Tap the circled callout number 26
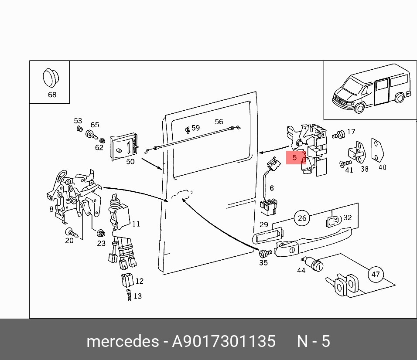[x=302, y=218]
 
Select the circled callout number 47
[x=375, y=274]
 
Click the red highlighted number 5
[x=294, y=157]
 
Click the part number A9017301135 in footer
[x=224, y=341]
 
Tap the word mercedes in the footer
[x=123, y=341]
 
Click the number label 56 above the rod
[x=219, y=122]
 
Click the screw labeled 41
[x=345, y=163]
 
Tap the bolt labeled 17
[x=338, y=134]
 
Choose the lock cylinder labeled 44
[x=312, y=263]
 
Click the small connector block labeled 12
[x=128, y=280]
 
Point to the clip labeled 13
[x=129, y=295]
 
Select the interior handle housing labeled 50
[x=124, y=148]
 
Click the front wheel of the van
[x=359, y=107]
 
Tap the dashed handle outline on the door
[x=182, y=194]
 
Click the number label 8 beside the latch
[x=51, y=210]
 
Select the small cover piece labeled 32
[x=334, y=221]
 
